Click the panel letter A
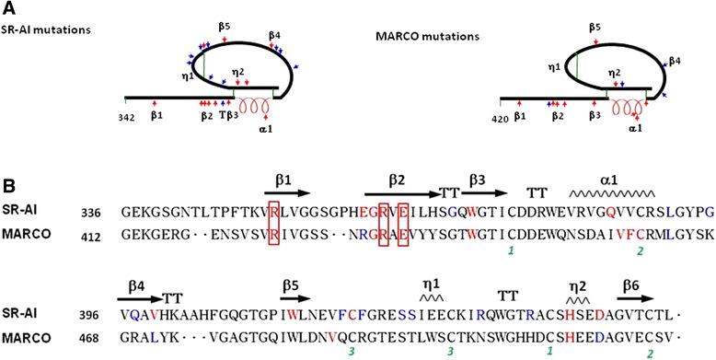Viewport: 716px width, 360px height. [10, 8]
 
